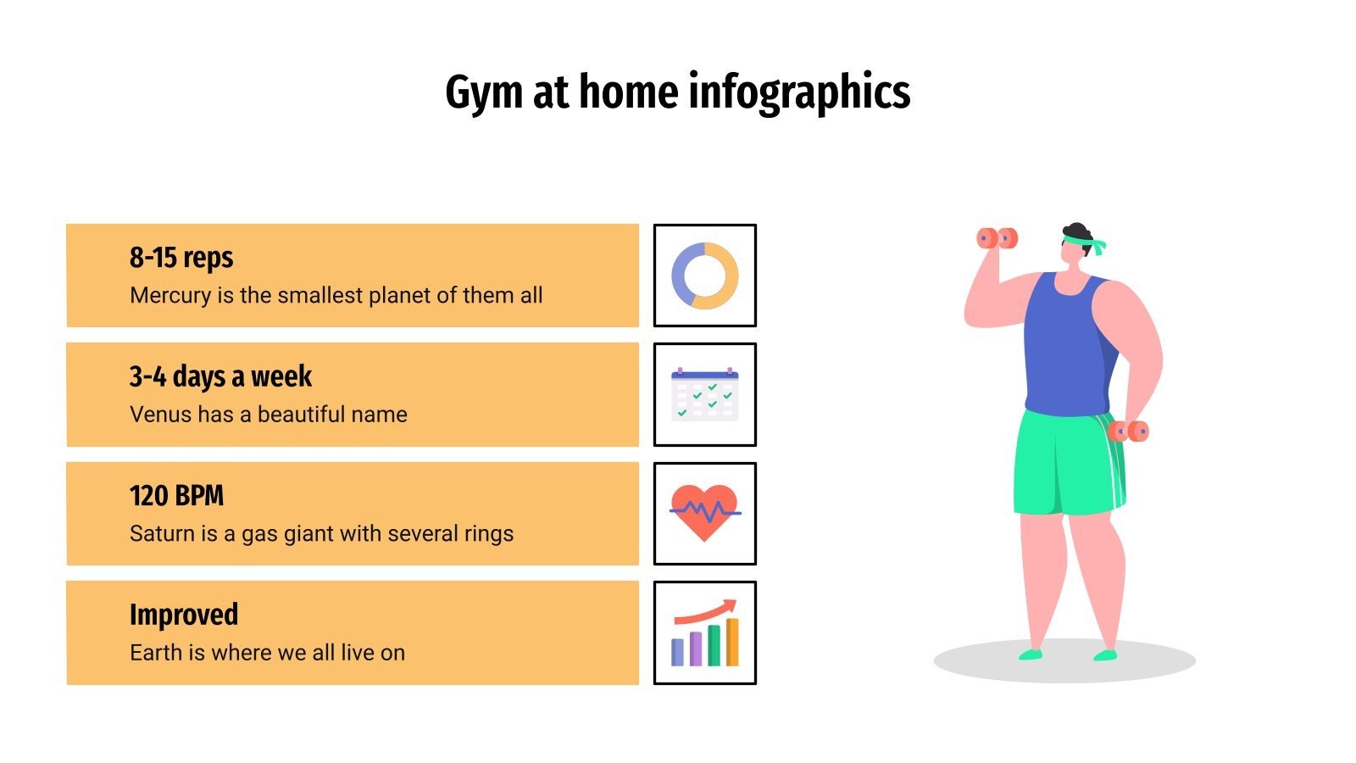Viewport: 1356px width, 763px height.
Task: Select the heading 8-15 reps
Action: [181, 257]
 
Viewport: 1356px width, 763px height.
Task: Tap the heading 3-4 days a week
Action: [220, 376]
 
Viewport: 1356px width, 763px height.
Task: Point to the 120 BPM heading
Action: [176, 495]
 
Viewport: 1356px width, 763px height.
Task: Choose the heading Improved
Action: [183, 615]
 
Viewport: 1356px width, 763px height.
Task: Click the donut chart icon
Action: [704, 276]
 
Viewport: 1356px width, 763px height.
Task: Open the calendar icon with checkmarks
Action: [704, 395]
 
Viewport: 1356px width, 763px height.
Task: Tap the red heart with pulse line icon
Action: [704, 514]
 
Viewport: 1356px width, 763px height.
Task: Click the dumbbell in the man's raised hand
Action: [997, 238]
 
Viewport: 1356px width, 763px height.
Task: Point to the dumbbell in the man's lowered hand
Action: [1129, 432]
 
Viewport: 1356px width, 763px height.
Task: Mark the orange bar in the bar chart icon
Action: [732, 642]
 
